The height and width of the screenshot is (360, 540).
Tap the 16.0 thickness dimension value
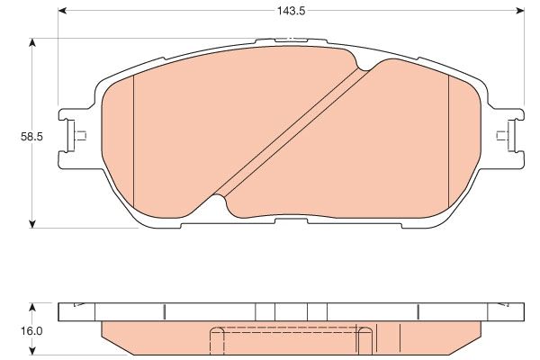coord(32,330)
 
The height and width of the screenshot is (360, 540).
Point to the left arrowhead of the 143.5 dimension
coord(61,10)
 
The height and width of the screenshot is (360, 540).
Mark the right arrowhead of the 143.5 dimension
coord(522,10)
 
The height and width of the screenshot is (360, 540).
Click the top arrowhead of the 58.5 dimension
coord(33,41)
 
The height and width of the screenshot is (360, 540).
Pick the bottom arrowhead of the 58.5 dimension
coord(33,223)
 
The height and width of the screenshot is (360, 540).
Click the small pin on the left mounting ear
coord(80,137)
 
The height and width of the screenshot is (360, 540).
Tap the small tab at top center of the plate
coord(290,40)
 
